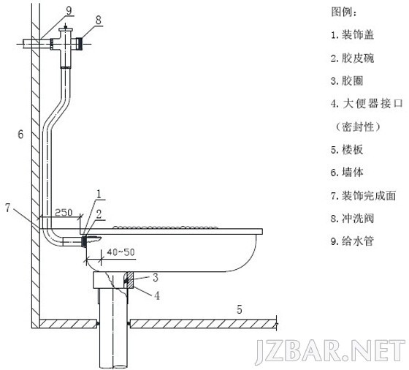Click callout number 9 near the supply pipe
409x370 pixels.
coord(69,11)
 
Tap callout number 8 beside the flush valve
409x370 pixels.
coord(99,20)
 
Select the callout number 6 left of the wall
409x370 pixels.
coord(20,135)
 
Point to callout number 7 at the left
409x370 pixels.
coord(8,208)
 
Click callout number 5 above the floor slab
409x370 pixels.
coord(240,310)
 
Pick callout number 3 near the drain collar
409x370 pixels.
coord(156,277)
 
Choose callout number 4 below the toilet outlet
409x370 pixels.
coord(157,295)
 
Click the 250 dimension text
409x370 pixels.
coord(64,213)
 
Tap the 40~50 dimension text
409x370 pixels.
coord(121,252)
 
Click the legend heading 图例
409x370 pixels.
coord(344,12)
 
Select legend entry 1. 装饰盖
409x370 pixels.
coord(352,34)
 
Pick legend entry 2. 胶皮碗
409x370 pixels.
coord(352,58)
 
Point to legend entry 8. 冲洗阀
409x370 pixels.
coord(352,219)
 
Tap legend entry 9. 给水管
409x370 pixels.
coord(352,241)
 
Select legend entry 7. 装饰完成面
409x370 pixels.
coord(364,195)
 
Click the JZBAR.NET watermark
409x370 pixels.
coord(330,352)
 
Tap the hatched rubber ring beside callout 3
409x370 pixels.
coord(129,280)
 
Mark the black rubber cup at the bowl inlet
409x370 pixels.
coord(84,241)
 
